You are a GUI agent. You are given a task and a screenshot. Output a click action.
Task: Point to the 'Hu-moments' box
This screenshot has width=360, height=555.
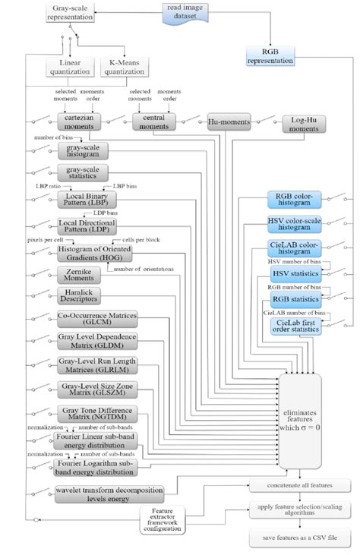click(229, 121)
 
